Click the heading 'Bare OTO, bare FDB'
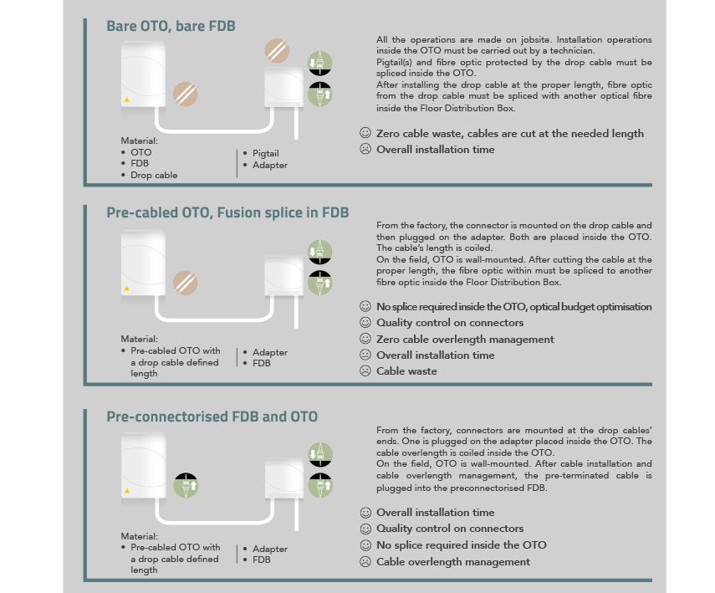(x=171, y=26)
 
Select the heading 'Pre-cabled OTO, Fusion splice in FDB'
(x=227, y=212)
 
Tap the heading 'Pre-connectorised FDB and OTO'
(x=212, y=417)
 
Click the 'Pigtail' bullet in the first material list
(x=265, y=153)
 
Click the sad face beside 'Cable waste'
(x=365, y=371)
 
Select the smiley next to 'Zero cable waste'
(x=365, y=133)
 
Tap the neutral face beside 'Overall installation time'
(x=365, y=355)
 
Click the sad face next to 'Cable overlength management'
(x=365, y=561)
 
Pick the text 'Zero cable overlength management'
(x=465, y=340)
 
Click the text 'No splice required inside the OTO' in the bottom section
(x=462, y=545)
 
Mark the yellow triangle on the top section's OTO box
(x=127, y=100)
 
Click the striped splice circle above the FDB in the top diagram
(x=278, y=51)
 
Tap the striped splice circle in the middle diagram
(x=185, y=283)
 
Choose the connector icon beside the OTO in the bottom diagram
(x=186, y=485)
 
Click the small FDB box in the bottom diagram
(x=284, y=479)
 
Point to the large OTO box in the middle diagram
(x=143, y=263)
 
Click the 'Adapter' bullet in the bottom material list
(x=270, y=549)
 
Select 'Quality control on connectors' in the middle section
(x=450, y=323)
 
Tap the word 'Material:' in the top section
(x=139, y=141)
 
